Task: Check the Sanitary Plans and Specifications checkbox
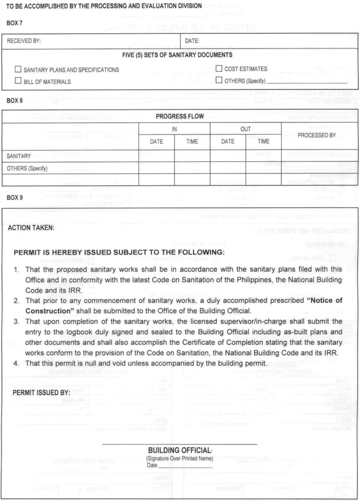[19, 70]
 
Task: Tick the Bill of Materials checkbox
[19, 81]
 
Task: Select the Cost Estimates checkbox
[219, 69]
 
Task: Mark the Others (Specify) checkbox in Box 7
[219, 81]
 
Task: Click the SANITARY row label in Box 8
[19, 156]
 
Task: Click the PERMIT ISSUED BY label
[40, 392]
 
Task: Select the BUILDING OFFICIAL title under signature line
[180, 450]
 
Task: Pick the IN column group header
[174, 129]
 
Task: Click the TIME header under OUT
[263, 141]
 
